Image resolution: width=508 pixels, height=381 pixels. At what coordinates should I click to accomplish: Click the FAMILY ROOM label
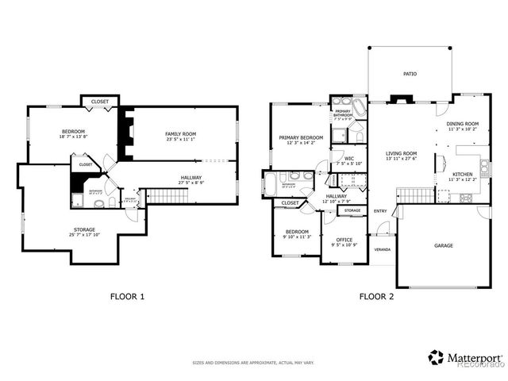[180, 134]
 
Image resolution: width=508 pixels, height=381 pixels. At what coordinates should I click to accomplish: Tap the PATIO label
[410, 74]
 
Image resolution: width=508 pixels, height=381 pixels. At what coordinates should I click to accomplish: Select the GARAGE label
[444, 245]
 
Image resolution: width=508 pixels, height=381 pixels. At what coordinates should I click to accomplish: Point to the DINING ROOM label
[462, 124]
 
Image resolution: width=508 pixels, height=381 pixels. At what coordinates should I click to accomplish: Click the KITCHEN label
[463, 174]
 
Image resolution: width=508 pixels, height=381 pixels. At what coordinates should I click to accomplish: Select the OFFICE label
[343, 240]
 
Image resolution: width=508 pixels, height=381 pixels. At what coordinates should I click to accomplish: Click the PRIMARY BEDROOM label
[301, 137]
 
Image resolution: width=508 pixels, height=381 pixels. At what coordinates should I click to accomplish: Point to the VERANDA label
[383, 248]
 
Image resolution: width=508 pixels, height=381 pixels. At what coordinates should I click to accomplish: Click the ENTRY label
[380, 210]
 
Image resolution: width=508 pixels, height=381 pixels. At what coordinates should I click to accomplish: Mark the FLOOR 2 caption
[376, 297]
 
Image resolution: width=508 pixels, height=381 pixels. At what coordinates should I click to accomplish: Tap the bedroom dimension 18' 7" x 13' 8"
[74, 137]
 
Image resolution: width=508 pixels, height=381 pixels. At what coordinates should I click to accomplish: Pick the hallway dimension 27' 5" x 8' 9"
[190, 183]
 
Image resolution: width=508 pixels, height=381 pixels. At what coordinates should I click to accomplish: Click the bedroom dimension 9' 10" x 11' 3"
[296, 237]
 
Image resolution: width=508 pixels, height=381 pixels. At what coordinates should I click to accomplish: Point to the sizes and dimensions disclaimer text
[253, 363]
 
